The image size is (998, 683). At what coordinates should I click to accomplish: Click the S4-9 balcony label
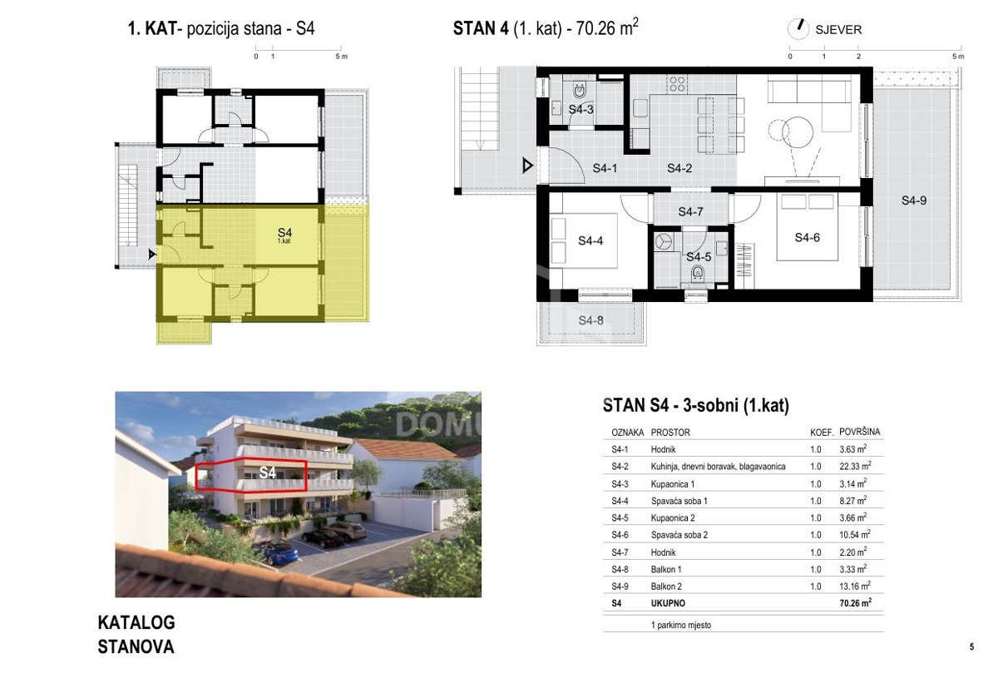pos(914,200)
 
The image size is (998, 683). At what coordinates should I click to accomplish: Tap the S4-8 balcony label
pos(590,320)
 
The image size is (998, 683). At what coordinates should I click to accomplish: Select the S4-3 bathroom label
pos(581,109)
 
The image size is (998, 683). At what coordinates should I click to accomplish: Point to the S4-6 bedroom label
pos(808,237)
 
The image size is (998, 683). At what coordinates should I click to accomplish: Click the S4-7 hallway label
pos(690,211)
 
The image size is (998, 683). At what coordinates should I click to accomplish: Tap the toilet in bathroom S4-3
pos(580,91)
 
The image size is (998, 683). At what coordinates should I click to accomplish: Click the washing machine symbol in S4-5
pos(664,241)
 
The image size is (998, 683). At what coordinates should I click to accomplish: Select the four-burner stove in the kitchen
pos(677,84)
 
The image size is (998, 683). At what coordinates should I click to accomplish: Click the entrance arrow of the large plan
pos(527,166)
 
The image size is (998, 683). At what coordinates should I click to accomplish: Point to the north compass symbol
pos(798,29)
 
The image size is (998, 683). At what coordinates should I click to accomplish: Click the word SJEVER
pos(838,30)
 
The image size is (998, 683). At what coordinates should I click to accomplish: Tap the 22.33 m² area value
pos(855,466)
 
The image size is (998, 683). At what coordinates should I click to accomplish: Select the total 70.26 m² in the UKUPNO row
pos(856,603)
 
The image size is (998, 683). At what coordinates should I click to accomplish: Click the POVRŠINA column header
pos(859,432)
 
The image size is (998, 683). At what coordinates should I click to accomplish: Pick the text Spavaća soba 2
pos(679,535)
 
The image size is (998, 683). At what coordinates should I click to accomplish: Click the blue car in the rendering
pos(279,552)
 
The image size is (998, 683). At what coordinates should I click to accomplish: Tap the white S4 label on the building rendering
pos(267,473)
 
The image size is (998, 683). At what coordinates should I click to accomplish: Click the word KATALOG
pos(136,623)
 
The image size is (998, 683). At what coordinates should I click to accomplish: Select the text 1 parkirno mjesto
pos(681,625)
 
